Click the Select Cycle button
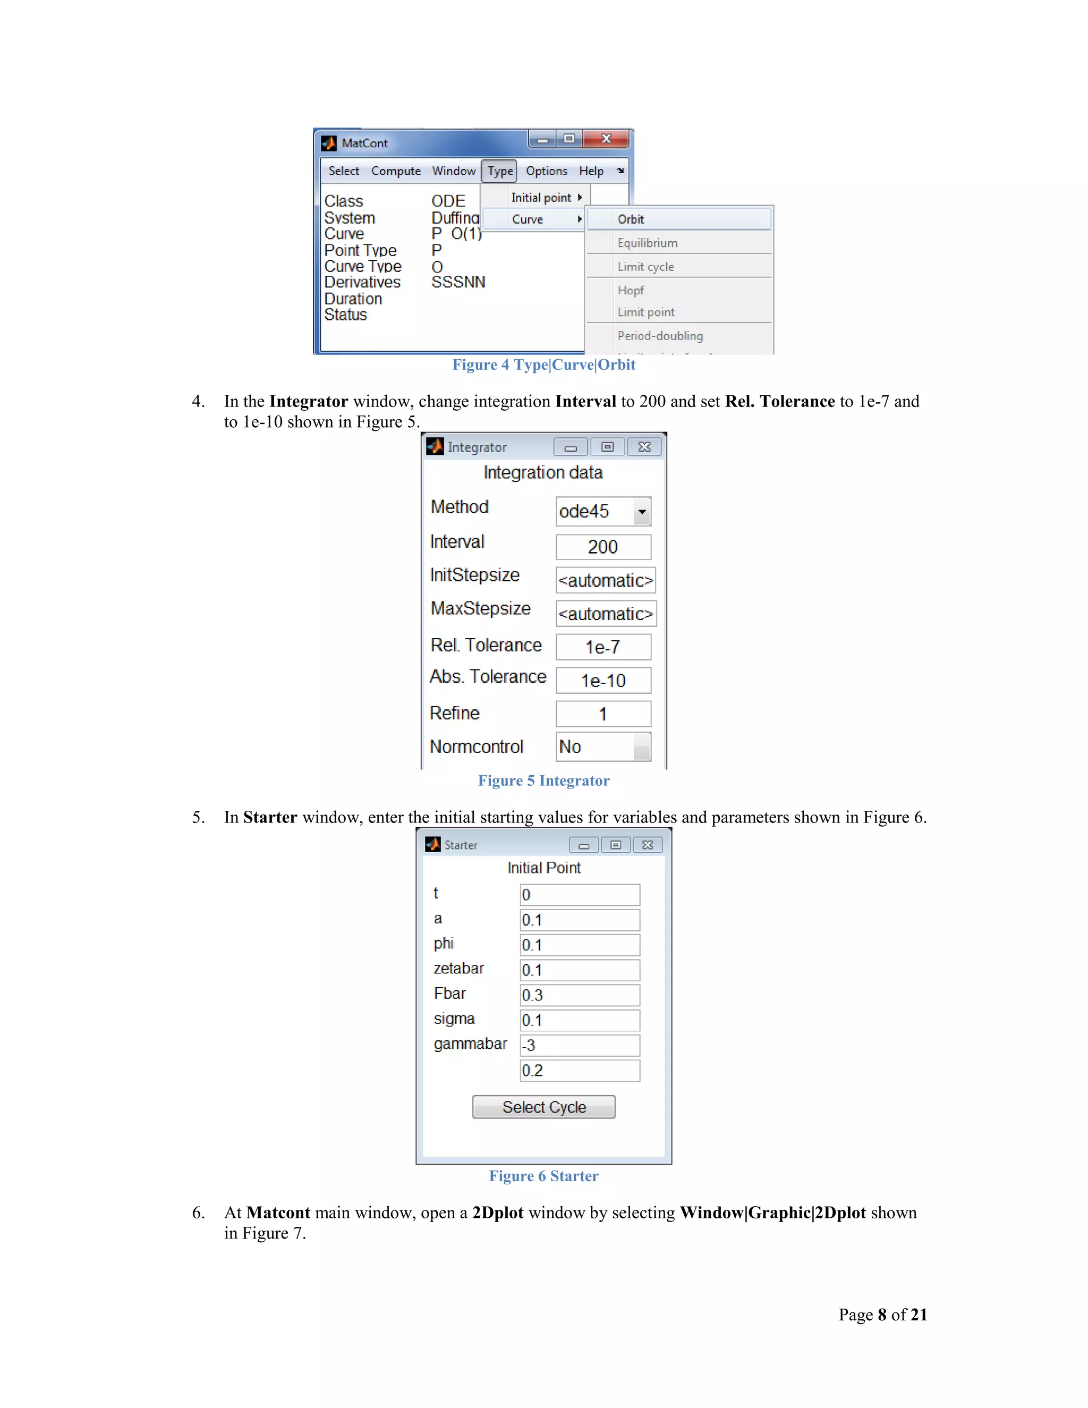(543, 1106)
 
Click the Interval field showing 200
(602, 547)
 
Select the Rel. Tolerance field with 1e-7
(602, 647)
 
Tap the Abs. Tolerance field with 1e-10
(602, 680)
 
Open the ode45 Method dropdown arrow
(641, 512)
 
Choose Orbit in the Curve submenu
(679, 219)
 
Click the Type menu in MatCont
(499, 171)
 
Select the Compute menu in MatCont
(395, 171)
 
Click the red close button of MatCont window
(605, 139)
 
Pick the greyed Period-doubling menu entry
(660, 336)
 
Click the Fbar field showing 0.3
(580, 995)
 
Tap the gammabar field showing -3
(580, 1045)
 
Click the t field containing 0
(580, 895)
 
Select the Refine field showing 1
(602, 714)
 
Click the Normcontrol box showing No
(602, 747)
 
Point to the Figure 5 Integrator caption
(543, 781)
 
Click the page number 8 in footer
(882, 1314)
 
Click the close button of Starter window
(647, 845)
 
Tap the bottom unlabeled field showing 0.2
(580, 1070)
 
